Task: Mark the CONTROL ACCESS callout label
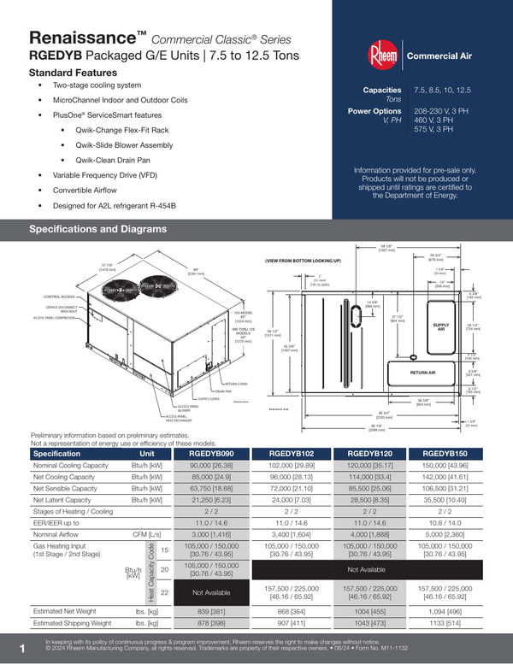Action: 54,297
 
